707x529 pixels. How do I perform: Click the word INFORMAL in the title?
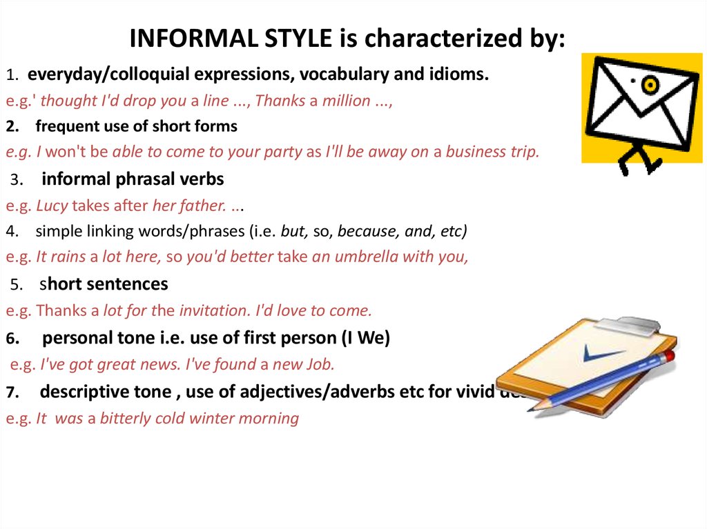point(193,38)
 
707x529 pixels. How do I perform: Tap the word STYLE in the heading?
point(298,38)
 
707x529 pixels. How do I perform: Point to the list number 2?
point(12,127)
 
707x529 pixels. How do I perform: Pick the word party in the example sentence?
point(282,152)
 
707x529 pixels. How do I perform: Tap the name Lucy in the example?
point(52,206)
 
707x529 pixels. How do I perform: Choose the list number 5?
point(17,285)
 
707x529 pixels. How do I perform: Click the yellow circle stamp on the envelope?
point(650,85)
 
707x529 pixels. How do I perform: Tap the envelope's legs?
point(640,159)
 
